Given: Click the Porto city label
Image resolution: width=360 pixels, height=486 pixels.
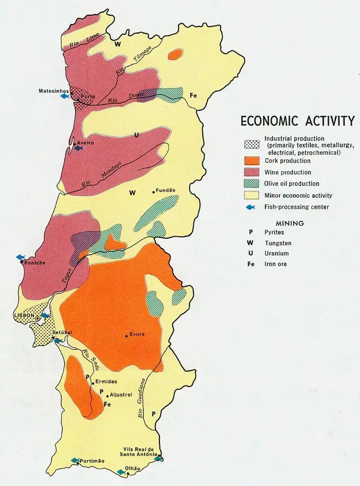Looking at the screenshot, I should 88,96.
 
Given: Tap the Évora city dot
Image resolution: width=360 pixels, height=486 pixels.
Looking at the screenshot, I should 126,336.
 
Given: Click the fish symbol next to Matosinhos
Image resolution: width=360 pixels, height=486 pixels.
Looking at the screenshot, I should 64,96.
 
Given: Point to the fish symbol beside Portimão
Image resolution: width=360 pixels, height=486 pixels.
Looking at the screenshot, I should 75,460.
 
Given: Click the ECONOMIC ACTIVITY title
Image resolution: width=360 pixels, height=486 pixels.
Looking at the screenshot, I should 297,121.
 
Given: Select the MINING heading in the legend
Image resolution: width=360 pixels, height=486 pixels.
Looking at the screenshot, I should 290,223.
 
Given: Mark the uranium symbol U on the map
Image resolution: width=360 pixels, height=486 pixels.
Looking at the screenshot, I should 137,135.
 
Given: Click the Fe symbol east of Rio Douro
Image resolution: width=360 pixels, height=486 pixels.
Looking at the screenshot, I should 194,95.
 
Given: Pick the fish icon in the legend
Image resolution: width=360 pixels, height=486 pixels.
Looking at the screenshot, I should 250,207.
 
